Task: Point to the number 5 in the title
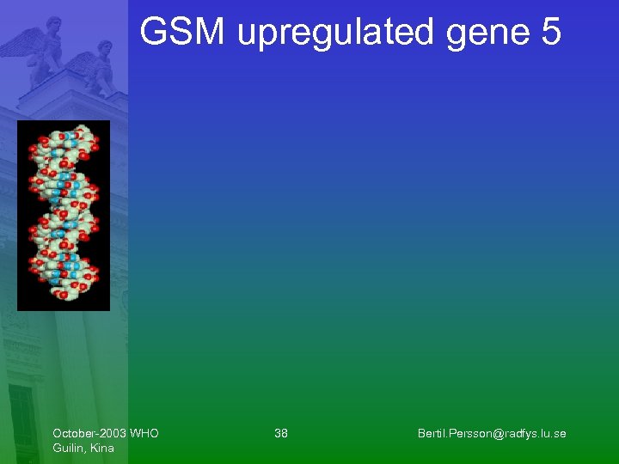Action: click(x=551, y=33)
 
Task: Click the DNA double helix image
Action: click(x=64, y=215)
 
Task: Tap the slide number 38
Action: click(x=281, y=433)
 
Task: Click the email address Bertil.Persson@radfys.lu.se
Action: click(x=492, y=433)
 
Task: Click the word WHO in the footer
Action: click(x=144, y=433)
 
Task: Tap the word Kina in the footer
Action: click(x=101, y=448)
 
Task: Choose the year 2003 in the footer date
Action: click(x=112, y=433)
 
